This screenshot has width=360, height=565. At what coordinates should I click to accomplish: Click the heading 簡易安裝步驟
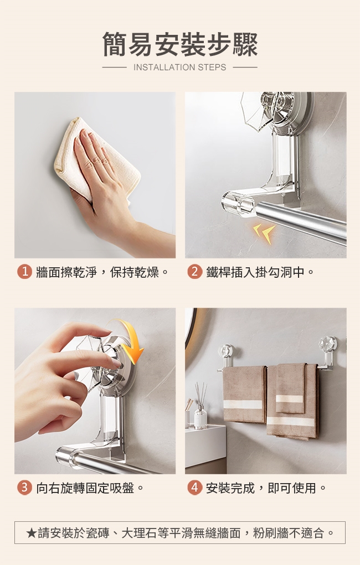click(180, 44)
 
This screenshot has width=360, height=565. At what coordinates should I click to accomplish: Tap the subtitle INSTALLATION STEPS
click(179, 68)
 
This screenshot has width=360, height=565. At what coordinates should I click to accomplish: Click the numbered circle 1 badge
click(24, 272)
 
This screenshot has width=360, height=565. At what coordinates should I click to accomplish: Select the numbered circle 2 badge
click(194, 272)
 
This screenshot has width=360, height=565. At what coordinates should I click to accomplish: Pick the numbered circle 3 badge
click(24, 488)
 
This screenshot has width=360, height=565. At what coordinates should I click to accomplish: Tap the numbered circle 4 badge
click(194, 488)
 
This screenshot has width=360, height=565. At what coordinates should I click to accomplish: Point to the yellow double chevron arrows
click(264, 232)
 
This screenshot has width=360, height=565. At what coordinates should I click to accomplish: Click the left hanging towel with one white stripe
click(244, 393)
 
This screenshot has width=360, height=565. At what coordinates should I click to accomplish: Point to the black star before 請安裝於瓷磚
click(31, 532)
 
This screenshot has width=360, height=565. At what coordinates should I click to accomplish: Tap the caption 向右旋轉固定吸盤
click(85, 488)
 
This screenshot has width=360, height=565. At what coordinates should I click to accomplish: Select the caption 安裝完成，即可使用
click(261, 488)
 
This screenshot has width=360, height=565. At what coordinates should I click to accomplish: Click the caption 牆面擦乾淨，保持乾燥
click(97, 272)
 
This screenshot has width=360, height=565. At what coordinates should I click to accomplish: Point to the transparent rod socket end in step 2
click(239, 204)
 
